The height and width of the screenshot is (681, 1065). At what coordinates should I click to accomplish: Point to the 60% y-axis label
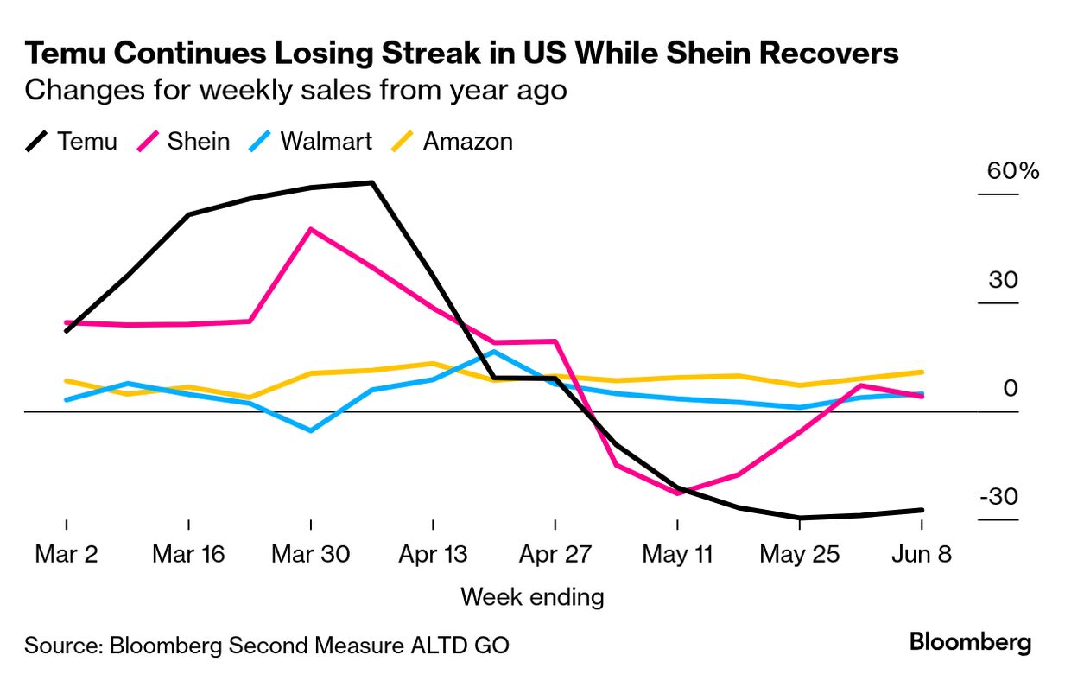click(1013, 170)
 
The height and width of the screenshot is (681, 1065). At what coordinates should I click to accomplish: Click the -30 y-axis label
click(998, 498)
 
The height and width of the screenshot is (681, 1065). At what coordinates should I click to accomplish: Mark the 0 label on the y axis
click(1010, 389)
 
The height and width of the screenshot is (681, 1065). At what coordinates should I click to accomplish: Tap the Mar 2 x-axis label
click(67, 554)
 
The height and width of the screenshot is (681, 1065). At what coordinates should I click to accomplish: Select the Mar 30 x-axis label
click(310, 554)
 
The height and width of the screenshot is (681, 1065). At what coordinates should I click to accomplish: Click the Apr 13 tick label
click(433, 554)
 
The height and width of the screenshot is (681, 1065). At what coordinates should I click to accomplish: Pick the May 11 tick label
click(677, 554)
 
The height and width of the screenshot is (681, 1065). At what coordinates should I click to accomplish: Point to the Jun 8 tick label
click(922, 554)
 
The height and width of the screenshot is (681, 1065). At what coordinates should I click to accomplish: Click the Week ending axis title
click(532, 597)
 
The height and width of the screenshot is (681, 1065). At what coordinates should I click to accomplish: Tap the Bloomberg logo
click(970, 642)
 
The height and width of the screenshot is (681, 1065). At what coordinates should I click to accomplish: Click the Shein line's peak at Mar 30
click(310, 229)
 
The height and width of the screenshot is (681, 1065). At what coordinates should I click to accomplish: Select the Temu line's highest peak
click(371, 182)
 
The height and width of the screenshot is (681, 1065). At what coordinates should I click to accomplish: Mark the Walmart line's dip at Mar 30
click(310, 430)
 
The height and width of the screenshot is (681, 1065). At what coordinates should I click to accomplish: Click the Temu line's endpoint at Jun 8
click(922, 510)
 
